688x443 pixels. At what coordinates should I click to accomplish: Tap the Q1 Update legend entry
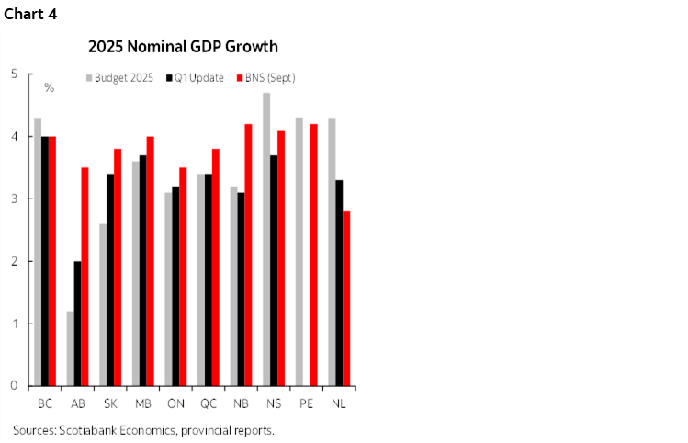click(195, 78)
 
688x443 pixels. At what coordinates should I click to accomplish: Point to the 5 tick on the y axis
click(14, 74)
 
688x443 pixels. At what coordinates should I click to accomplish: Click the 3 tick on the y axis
click(14, 199)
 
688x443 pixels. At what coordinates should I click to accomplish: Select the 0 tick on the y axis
click(14, 386)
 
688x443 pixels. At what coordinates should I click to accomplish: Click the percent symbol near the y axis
click(50, 88)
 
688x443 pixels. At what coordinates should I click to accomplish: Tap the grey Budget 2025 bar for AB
click(70, 348)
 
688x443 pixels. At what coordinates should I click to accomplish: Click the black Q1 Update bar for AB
click(78, 324)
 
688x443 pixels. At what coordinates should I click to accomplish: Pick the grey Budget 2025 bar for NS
click(266, 239)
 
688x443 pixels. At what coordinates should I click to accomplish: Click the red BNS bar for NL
click(346, 299)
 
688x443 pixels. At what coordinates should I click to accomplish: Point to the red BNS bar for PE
click(313, 255)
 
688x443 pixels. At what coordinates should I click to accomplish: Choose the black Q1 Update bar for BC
click(45, 261)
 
